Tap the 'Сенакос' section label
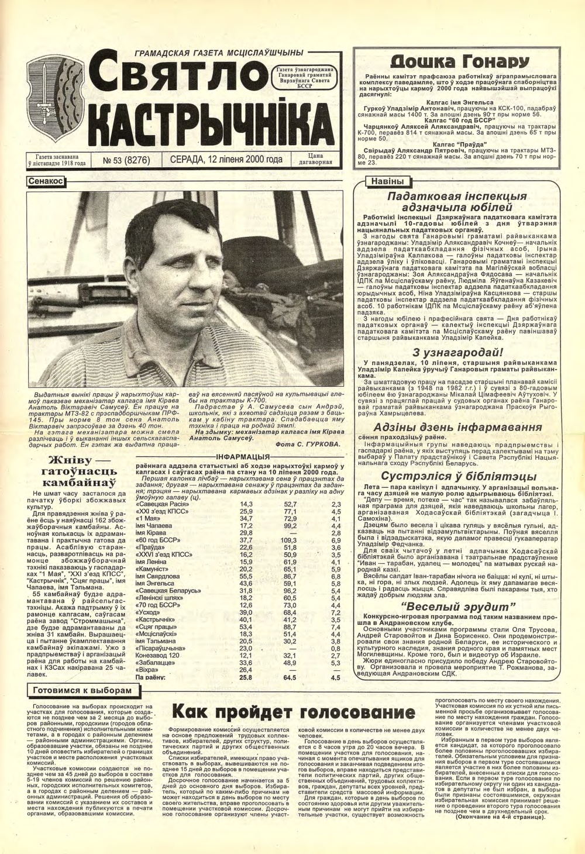(45, 182)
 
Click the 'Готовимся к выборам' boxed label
(82, 690)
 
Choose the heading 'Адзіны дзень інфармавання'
(457, 427)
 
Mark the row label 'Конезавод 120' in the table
(157, 656)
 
